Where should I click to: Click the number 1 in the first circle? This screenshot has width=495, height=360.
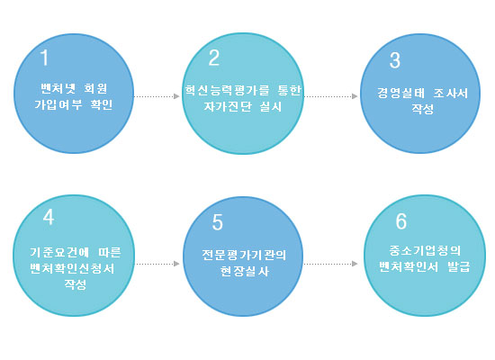pos(44,58)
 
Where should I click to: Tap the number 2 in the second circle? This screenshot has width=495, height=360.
pos(214,58)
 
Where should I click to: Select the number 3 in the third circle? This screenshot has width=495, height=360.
pos(395,60)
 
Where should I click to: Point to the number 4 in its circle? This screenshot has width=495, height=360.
pos(49,217)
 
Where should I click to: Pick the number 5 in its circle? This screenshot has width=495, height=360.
pos(218,222)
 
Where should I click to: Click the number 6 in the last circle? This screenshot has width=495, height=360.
pos(401,221)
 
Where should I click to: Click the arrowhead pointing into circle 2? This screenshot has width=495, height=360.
pos(176,96)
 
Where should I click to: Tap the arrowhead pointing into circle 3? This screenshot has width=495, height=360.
pos(355,96)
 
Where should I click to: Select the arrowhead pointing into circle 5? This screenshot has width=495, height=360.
pos(176,264)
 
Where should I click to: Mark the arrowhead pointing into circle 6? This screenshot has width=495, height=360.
pos(355,264)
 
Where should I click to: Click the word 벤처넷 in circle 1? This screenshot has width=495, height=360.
pos(58,88)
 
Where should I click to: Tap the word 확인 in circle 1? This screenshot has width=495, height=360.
pos(102,104)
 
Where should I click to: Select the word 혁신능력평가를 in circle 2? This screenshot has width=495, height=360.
pos(227,90)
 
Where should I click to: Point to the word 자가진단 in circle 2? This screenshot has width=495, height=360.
pos(228,106)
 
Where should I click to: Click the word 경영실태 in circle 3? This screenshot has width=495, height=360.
pos(400,94)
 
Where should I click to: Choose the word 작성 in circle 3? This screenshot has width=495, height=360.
pos(422,109)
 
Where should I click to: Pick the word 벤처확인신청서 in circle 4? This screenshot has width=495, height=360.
pos(72,268)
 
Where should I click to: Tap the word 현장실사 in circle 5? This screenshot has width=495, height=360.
pos(244,271)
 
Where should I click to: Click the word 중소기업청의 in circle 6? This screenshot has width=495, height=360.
pos(425,251)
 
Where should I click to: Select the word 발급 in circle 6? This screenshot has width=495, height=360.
pos(459,266)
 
